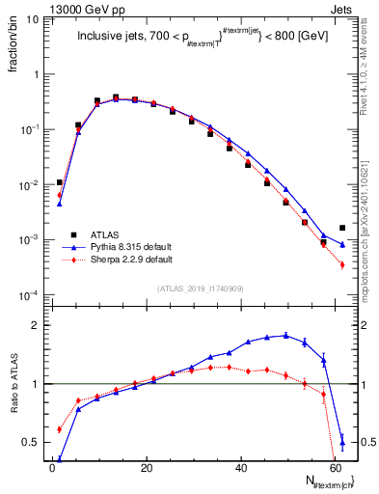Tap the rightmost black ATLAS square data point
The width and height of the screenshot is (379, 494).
(x=342, y=228)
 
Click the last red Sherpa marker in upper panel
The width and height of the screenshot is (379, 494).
(x=342, y=265)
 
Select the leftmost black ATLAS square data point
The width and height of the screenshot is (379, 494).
(x=60, y=181)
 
